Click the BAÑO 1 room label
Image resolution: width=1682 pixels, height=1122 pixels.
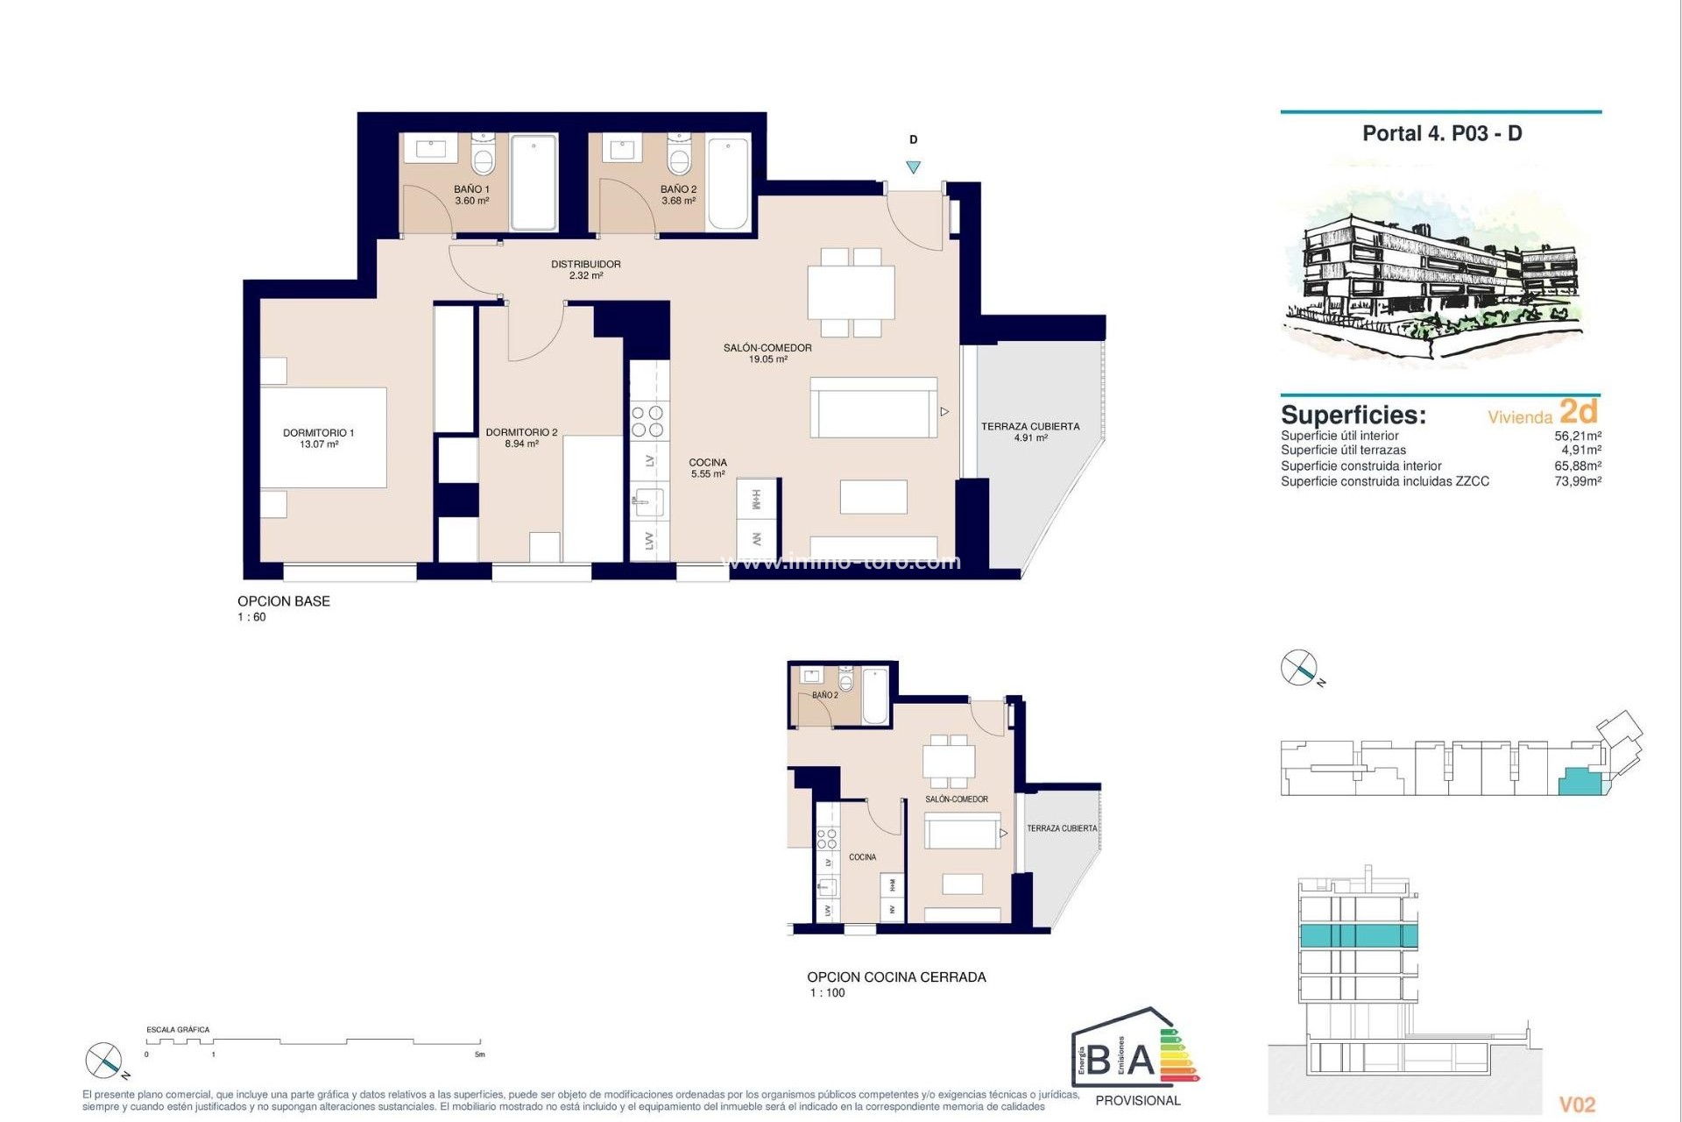click(x=471, y=189)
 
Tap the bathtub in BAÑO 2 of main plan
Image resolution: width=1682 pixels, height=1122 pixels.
click(x=728, y=183)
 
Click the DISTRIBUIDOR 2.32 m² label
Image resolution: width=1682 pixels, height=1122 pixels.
click(x=585, y=269)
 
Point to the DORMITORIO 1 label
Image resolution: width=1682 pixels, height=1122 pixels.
click(x=318, y=433)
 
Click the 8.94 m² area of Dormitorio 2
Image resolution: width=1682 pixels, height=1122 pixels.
click(x=521, y=444)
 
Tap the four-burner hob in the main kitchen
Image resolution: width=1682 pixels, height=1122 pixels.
click(x=648, y=422)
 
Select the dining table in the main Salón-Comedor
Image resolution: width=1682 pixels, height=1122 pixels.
click(x=851, y=293)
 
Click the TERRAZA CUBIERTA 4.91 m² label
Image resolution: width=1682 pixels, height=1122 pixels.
click(x=1030, y=431)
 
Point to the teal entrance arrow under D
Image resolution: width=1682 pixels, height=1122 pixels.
click(x=914, y=167)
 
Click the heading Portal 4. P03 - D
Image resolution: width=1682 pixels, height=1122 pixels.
click(x=1442, y=134)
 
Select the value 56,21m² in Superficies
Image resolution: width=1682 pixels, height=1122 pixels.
click(x=1578, y=436)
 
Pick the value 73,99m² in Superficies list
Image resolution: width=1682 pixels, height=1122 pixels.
click(x=1578, y=481)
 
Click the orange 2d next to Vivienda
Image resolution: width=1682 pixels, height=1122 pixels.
click(x=1579, y=411)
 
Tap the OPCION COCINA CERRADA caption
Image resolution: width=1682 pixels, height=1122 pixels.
click(x=896, y=976)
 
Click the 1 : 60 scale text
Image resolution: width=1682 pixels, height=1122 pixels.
click(x=251, y=617)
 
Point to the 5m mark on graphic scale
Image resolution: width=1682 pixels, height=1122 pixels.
click(x=479, y=1055)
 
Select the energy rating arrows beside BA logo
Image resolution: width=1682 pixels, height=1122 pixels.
click(x=1178, y=1056)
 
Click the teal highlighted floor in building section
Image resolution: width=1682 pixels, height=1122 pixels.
click(x=1357, y=935)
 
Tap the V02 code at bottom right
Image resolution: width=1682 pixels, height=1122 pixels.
click(x=1577, y=1105)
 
